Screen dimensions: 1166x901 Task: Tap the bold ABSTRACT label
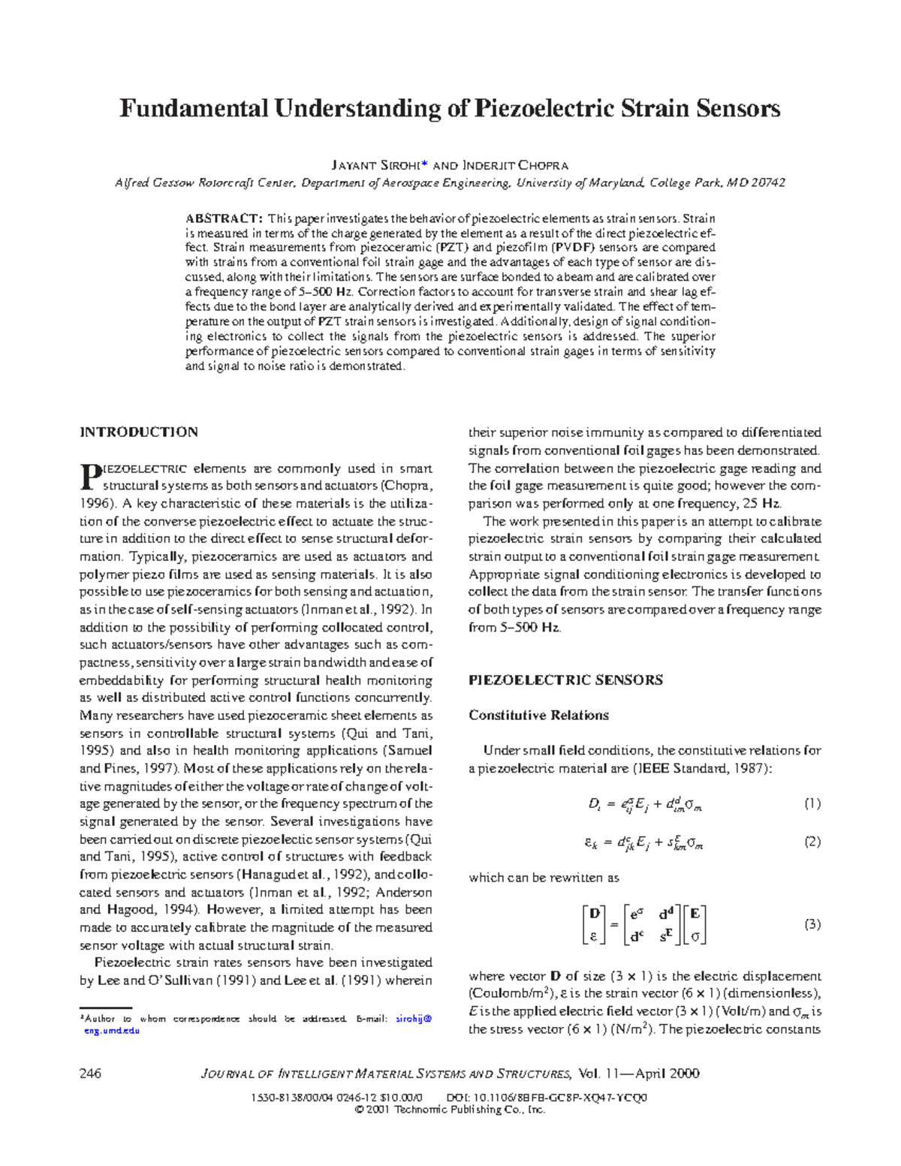coord(223,218)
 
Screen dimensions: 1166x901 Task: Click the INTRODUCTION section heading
coord(139,432)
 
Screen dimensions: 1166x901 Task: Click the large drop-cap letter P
coord(89,475)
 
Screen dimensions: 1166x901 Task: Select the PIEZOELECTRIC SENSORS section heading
coord(565,680)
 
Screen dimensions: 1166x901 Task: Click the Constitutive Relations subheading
coord(538,716)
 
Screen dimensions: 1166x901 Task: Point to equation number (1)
coord(812,804)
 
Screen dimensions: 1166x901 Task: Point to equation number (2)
coord(812,842)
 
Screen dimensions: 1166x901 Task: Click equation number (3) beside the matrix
coord(812,925)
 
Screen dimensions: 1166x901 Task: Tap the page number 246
coord(90,1074)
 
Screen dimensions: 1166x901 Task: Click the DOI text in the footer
coord(547,1098)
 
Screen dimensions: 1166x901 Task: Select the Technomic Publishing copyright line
coord(450,1110)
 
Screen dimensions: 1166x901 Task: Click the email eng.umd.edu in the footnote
coord(112,1031)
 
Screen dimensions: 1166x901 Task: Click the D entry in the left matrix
coord(595,914)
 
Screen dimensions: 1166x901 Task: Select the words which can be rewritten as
coord(544,878)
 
